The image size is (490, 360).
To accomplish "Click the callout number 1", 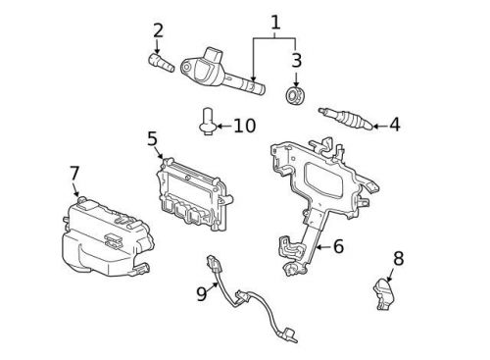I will tap(275, 21).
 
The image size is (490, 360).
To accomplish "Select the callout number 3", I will tap(295, 60).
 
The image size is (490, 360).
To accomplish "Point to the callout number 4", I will tap(394, 125).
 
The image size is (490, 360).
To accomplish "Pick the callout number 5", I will tap(153, 138).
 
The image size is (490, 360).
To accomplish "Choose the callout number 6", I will tap(337, 246).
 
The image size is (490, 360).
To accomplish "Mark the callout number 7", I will tap(74, 174).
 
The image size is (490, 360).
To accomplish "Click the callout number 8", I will tap(398, 259).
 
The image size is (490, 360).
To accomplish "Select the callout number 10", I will tap(244, 126).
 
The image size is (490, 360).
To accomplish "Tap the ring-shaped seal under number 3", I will tap(294, 96).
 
